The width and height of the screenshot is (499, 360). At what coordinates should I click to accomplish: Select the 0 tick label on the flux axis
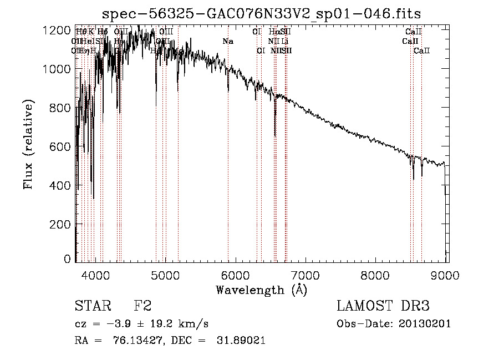pos(67,259)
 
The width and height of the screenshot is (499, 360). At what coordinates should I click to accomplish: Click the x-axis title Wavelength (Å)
pos(261,290)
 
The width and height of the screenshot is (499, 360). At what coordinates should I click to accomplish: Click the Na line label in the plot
pos(228,42)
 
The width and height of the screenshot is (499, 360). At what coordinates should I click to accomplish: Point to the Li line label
pos(284,42)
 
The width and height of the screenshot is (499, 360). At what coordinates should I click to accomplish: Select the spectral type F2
pos(142,306)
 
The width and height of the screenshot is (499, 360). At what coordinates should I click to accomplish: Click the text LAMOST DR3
pos(383,306)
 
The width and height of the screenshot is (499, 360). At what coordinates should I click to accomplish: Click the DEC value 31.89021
pos(241,341)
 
